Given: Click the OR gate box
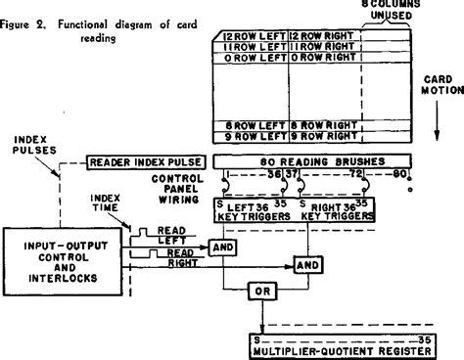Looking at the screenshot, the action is tap(261, 291).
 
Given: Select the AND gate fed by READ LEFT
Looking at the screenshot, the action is tap(225, 249).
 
